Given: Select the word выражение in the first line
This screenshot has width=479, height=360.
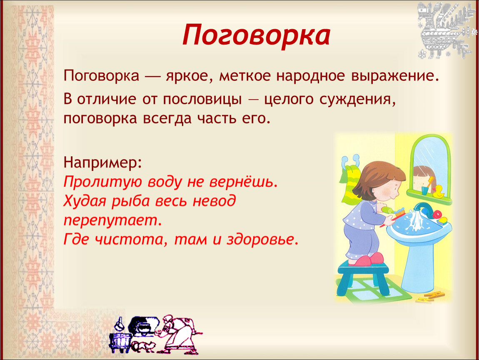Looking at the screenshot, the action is (395, 76).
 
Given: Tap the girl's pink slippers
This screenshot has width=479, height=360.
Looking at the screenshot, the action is (367, 260).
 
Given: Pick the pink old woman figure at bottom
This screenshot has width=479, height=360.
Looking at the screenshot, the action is (179, 335).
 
